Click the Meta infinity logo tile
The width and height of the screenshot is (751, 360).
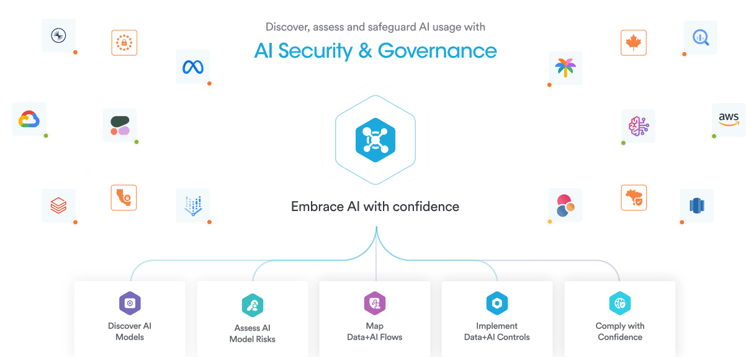click(192, 66)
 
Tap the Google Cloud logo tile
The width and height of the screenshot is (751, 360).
click(29, 119)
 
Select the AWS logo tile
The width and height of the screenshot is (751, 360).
click(728, 119)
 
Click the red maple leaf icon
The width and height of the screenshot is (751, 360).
click(634, 43)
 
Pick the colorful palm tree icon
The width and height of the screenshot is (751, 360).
click(565, 68)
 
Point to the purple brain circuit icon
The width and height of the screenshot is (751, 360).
click(638, 125)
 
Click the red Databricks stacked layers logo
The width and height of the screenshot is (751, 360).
click(58, 205)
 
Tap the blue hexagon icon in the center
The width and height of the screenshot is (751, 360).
click(375, 138)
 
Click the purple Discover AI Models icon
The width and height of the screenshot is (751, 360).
click(130, 304)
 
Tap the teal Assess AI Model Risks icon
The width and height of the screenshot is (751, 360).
click(253, 305)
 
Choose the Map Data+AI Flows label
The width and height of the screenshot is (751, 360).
click(374, 331)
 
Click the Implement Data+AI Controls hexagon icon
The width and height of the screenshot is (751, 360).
click(497, 304)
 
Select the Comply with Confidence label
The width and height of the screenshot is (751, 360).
click(619, 331)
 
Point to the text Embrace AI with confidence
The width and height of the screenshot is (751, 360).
click(375, 207)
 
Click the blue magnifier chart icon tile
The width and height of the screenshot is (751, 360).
click(700, 37)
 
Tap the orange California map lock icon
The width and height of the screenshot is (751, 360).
click(124, 197)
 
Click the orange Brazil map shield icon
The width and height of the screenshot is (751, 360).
click(634, 197)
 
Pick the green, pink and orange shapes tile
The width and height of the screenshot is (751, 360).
click(119, 125)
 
